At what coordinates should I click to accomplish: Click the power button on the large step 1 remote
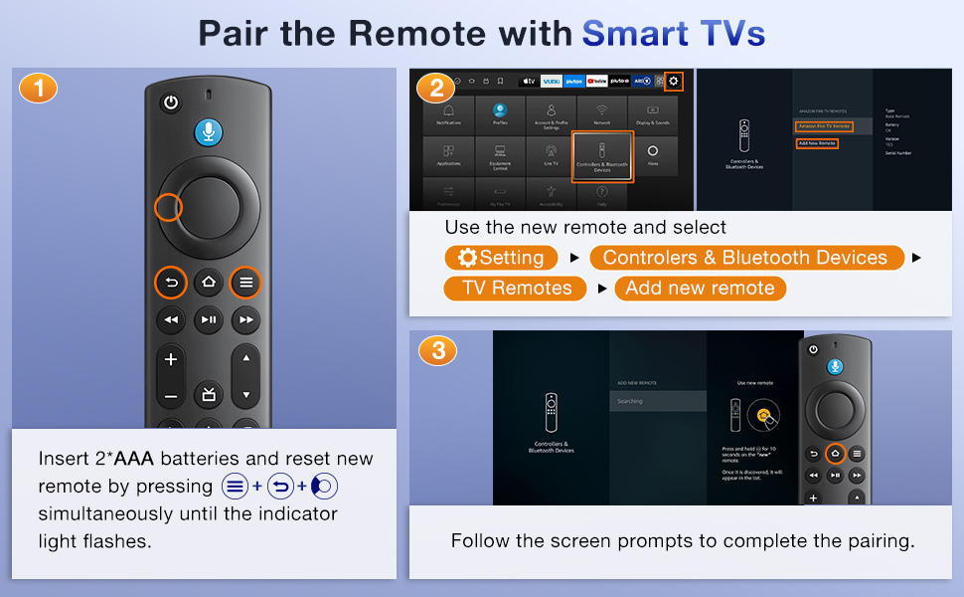tap(171, 102)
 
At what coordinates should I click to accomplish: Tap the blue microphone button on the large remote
tap(208, 131)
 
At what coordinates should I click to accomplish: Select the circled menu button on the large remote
tap(245, 283)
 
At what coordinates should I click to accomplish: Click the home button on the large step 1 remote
tap(208, 283)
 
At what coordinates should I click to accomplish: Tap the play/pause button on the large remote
tap(208, 319)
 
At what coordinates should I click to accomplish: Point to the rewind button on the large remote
tap(171, 319)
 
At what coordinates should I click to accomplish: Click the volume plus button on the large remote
tap(171, 359)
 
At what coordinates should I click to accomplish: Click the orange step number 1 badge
tap(38, 89)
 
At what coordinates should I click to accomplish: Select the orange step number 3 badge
tap(438, 350)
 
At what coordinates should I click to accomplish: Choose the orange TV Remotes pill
tap(517, 289)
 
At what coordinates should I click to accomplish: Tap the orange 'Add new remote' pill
tap(701, 289)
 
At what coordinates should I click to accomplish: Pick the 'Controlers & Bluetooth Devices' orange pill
tap(744, 258)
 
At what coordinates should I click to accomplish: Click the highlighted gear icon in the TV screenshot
tap(674, 81)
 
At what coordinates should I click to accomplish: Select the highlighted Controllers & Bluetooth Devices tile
tap(602, 156)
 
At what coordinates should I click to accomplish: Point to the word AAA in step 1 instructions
tap(134, 459)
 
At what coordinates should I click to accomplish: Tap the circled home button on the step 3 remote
tap(835, 455)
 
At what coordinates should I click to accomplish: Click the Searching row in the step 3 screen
tap(657, 401)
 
